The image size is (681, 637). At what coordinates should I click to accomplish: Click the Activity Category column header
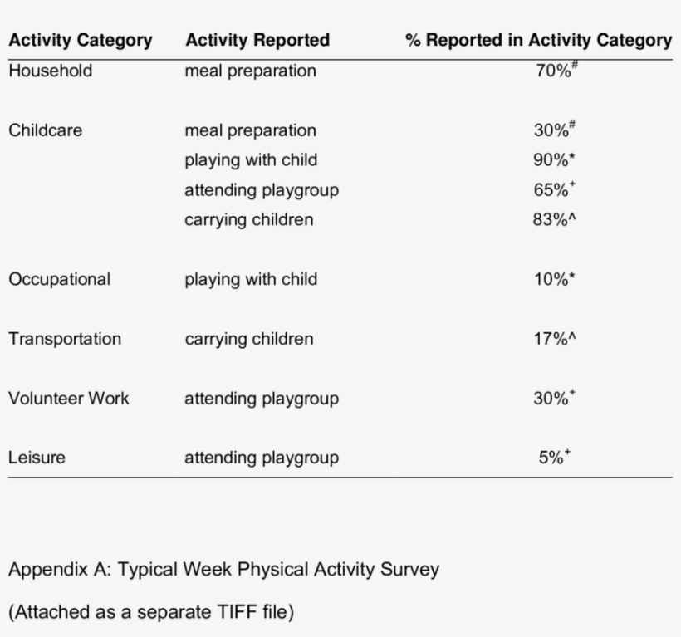[80, 40]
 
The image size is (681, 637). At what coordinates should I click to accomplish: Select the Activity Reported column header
[257, 40]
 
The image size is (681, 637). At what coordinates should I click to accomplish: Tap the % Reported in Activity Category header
[538, 40]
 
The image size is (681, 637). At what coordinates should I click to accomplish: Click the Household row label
[50, 71]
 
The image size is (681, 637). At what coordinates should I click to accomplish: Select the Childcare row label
[46, 130]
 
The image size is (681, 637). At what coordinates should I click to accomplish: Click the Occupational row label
[59, 279]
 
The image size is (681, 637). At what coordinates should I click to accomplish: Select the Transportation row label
[64, 339]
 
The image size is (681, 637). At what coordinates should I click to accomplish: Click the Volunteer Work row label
[68, 399]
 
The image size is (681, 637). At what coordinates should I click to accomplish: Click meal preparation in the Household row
[250, 71]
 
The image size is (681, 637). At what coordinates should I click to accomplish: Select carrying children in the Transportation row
[248, 339]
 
